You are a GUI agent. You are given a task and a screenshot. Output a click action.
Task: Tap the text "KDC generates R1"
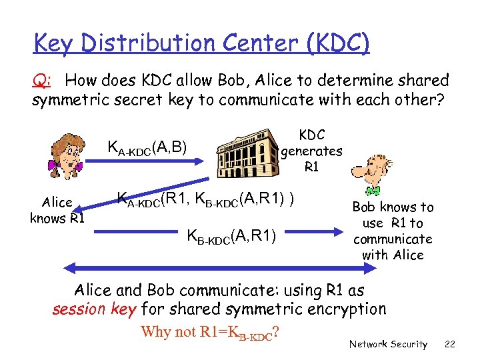click(x=311, y=151)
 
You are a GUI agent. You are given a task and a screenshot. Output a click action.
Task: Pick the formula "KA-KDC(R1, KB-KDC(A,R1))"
click(x=206, y=198)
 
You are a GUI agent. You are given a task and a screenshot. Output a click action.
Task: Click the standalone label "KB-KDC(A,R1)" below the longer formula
click(x=232, y=235)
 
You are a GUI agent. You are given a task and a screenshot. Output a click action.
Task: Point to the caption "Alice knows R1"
click(x=57, y=211)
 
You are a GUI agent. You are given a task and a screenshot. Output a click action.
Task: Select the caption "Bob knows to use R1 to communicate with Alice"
click(x=393, y=231)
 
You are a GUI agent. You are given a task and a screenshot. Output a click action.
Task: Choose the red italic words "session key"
click(x=94, y=309)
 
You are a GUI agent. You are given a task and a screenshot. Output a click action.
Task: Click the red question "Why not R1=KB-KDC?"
click(x=209, y=332)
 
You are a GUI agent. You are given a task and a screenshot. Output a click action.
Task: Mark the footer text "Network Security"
click(x=388, y=344)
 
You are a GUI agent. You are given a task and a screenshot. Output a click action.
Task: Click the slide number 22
click(x=449, y=344)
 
